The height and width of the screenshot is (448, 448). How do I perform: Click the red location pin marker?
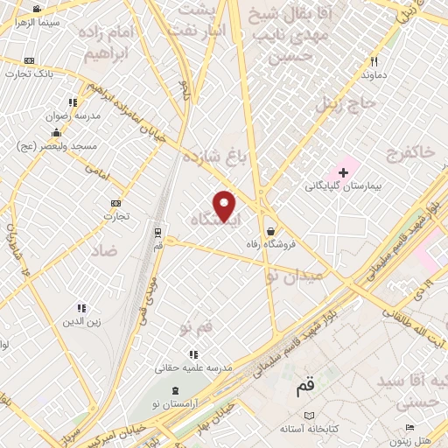coord(225,205)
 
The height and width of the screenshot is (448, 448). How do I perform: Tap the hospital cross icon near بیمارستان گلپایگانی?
coord(343,170)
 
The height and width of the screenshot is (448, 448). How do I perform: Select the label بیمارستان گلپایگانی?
coord(343,185)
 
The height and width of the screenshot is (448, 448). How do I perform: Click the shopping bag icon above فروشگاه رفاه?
coord(270,230)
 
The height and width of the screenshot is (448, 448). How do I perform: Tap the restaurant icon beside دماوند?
coord(374,62)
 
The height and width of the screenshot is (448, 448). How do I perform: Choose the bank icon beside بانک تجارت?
coord(31,60)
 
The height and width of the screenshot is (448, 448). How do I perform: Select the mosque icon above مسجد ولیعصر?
coord(57,132)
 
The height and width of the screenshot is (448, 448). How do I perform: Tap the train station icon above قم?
coord(157,233)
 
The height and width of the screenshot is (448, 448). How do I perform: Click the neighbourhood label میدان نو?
coord(295,275)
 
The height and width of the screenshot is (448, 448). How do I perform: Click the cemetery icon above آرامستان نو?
coord(175,389)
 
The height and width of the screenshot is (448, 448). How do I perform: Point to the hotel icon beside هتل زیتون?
coord(409,427)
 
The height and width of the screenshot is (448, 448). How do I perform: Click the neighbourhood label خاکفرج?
coord(409,152)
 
